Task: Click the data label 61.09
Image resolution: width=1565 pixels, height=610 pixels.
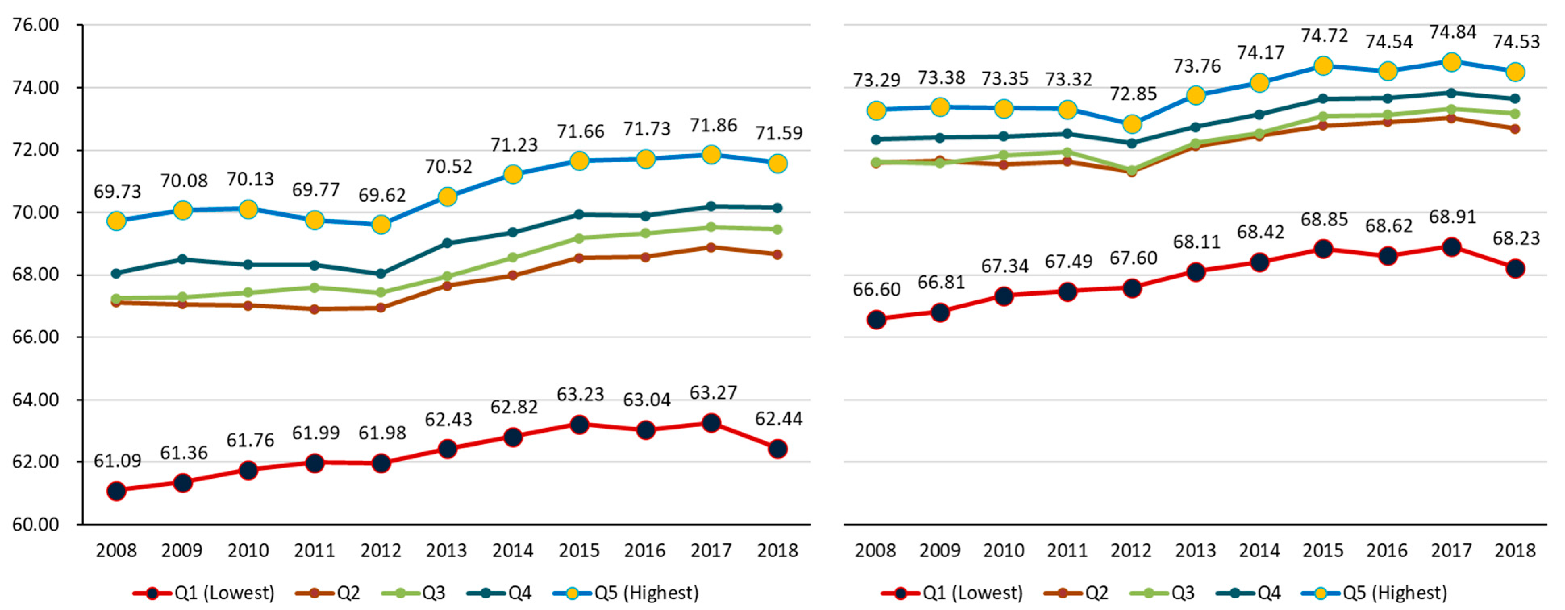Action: pos(117,461)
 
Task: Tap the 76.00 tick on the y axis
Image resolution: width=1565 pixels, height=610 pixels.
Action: pos(36,25)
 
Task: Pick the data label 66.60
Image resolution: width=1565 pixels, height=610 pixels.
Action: pos(877,290)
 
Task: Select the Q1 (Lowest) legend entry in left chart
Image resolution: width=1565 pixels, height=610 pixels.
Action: pos(204,592)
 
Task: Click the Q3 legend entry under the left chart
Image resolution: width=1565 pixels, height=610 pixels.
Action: pos(413,592)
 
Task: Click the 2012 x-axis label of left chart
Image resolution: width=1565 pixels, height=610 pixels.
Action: pos(381,550)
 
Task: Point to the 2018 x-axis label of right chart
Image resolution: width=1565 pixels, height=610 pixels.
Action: pos(1515,550)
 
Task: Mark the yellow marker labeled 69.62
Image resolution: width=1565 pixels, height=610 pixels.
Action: pos(381,225)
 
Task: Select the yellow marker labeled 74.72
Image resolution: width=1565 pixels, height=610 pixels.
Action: pos(1323,66)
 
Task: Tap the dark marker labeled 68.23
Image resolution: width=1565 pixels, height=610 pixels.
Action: pos(1515,269)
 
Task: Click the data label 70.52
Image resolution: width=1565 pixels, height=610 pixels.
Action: pos(448,167)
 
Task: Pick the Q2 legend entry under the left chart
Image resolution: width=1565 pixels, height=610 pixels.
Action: pos(327,592)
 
